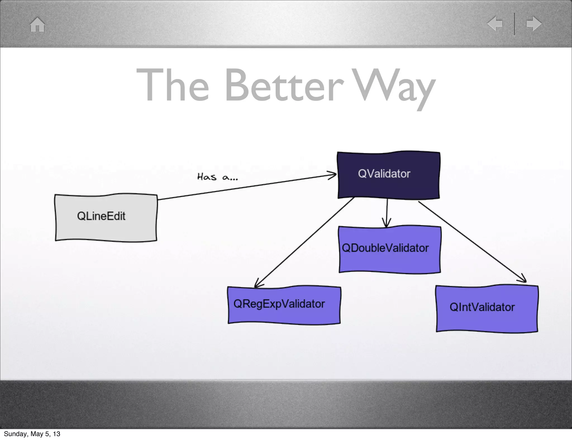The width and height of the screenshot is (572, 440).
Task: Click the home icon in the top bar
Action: click(x=37, y=25)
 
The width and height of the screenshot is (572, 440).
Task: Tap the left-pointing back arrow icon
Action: click(x=495, y=23)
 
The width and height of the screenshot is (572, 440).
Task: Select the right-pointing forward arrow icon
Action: click(x=534, y=23)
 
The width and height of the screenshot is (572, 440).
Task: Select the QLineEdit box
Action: click(x=106, y=217)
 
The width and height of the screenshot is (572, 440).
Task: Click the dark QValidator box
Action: click(x=389, y=175)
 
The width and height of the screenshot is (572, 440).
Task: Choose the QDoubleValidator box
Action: click(x=390, y=249)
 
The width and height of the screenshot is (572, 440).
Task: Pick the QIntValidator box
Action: click(x=487, y=309)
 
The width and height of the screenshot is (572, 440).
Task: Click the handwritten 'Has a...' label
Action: click(x=217, y=177)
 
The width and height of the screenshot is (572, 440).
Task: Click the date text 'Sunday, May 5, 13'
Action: click(x=32, y=434)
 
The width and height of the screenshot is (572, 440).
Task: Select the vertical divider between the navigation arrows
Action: click(x=514, y=24)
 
